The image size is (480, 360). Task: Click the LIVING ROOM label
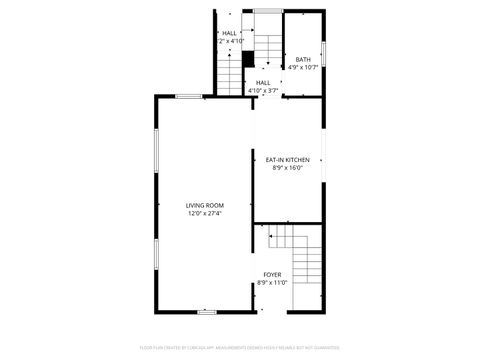(204, 205)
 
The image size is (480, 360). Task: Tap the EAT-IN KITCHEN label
(287, 160)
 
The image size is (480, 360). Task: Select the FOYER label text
(272, 274)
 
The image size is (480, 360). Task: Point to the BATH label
(303, 60)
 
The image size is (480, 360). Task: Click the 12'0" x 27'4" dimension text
(204, 213)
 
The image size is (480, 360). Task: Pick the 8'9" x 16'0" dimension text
(287, 168)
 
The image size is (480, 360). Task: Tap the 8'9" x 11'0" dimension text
(272, 282)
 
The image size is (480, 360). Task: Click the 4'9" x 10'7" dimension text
(303, 68)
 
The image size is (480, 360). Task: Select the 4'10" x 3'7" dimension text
(263, 91)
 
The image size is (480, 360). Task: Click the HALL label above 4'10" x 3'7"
(263, 83)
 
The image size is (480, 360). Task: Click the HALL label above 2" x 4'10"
(230, 33)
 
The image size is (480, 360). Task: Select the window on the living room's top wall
(189, 96)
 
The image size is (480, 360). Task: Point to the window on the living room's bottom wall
(207, 312)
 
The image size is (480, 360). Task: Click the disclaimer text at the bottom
(239, 349)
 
